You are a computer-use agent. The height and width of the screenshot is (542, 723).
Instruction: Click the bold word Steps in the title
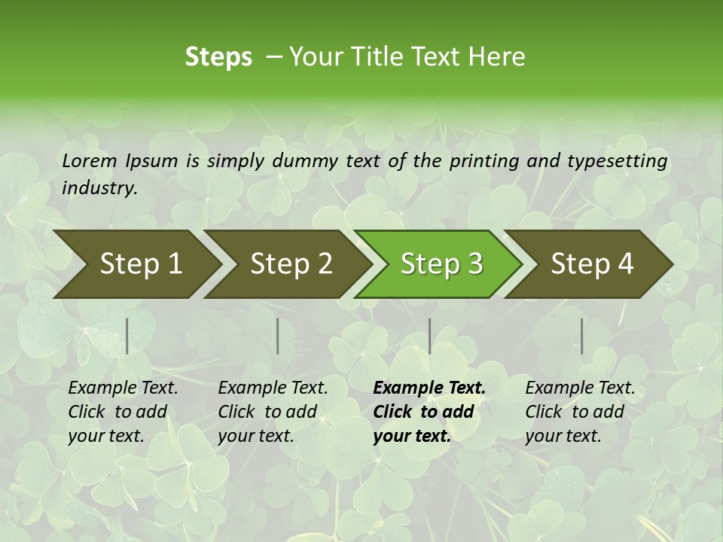[218, 56]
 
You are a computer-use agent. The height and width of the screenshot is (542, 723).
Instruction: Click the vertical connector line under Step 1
[127, 336]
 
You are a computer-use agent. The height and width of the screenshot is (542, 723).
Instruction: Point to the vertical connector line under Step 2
[278, 336]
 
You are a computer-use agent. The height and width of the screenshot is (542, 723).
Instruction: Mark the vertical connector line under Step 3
[429, 336]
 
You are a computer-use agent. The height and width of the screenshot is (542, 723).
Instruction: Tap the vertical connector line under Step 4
[581, 336]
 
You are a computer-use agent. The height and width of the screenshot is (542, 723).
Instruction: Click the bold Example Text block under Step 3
[429, 412]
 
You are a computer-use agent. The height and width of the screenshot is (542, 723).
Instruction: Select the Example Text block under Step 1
[123, 412]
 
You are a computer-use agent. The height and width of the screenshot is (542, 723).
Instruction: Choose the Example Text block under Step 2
[273, 412]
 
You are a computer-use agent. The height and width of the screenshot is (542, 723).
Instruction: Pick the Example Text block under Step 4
[580, 412]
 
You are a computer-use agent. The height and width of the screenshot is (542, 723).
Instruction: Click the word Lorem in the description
[90, 160]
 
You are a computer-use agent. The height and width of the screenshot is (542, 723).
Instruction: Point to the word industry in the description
[99, 188]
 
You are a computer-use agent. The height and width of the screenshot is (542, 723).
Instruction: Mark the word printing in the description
[484, 160]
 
